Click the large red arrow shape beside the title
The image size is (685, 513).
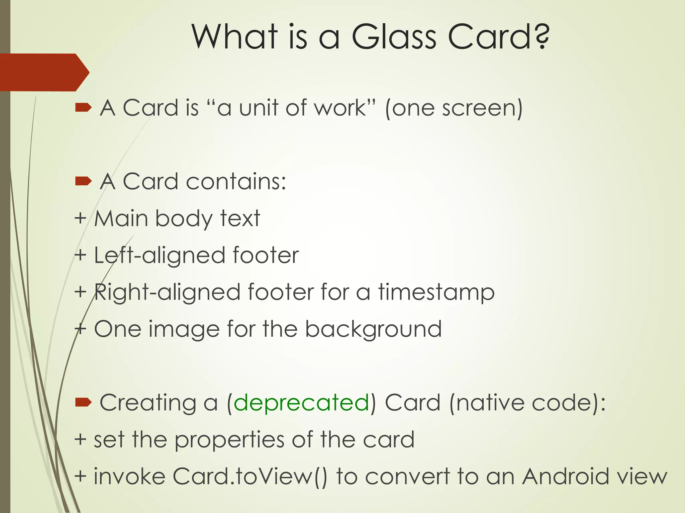[x=43, y=72]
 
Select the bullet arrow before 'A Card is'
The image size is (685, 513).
[x=83, y=108]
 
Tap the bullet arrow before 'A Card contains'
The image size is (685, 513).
[x=83, y=181]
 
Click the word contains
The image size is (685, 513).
[x=235, y=182]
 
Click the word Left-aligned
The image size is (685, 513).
[x=159, y=256]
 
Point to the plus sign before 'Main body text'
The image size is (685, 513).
[x=80, y=219]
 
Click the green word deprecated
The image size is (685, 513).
[x=301, y=403]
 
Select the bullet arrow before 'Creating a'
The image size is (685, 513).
[x=83, y=402]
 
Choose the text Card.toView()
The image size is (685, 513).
[x=250, y=476]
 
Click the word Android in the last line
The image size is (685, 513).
[x=565, y=476]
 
